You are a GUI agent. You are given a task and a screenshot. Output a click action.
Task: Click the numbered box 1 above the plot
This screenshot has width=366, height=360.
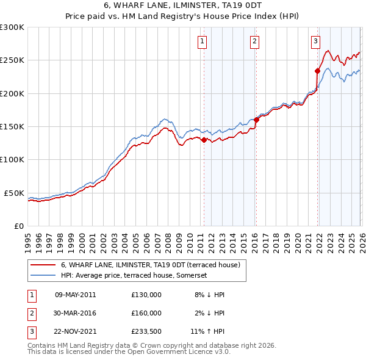click(202, 41)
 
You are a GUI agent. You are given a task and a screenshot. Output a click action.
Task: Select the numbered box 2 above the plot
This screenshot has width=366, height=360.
click(254, 41)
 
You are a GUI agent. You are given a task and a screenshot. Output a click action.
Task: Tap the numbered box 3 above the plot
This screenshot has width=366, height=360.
click(315, 41)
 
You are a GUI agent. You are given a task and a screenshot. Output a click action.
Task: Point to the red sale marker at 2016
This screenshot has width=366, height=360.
click(256, 120)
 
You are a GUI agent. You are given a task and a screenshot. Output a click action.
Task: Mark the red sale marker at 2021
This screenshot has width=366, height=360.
click(318, 71)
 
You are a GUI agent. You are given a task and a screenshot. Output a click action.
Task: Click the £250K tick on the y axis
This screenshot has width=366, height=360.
click(12, 60)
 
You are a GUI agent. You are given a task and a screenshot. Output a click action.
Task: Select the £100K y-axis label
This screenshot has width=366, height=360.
click(12, 160)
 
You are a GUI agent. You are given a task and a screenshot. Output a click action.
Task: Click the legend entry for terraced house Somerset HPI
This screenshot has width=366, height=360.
click(134, 275)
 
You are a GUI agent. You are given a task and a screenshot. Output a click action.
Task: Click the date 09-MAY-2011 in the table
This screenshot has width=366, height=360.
click(76, 295)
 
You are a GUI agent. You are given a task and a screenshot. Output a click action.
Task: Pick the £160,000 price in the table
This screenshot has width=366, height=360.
click(146, 313)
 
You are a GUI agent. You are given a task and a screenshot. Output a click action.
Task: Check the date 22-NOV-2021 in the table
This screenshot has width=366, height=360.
click(76, 331)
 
